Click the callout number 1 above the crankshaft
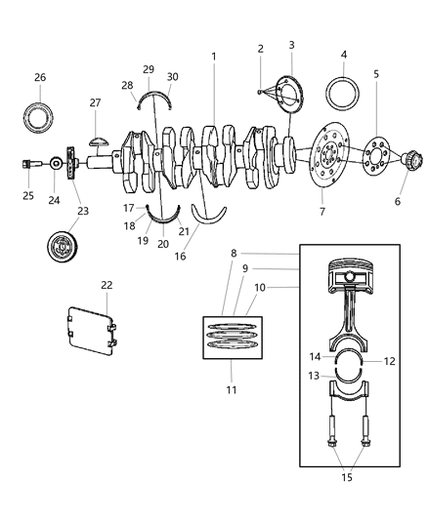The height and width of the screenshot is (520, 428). pyautogui.click(x=213, y=57)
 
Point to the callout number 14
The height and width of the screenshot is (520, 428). pyautogui.click(x=315, y=357)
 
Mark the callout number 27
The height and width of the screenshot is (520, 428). pyautogui.click(x=95, y=102)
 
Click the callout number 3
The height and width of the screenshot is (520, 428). pyautogui.click(x=291, y=45)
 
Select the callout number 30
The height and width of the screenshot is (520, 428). pyautogui.click(x=171, y=77)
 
